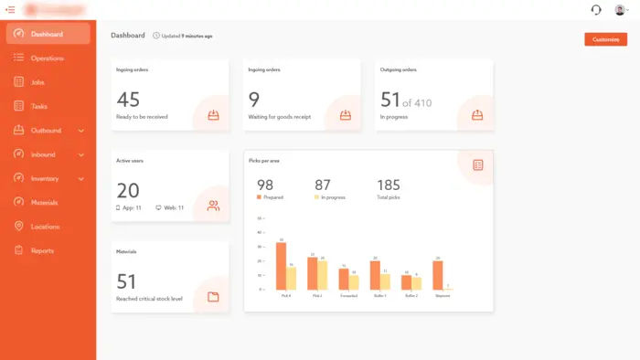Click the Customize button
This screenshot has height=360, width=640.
(605, 39)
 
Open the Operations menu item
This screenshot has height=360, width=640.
(47, 58)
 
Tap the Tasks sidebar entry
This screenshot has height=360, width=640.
(39, 106)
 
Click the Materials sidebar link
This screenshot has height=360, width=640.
(44, 203)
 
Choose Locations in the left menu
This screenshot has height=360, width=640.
(46, 227)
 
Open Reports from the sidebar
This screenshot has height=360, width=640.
(42, 250)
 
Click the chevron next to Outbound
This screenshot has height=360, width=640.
(81, 131)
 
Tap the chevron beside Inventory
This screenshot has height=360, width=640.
(81, 179)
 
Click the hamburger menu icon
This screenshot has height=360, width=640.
(10, 9)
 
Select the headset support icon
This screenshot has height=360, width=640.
(596, 10)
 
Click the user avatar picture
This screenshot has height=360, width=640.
(619, 10)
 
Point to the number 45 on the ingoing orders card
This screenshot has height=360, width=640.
(128, 100)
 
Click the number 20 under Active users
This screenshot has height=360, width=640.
(128, 190)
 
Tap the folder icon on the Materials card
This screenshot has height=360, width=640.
(213, 296)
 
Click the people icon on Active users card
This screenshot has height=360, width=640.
(213, 206)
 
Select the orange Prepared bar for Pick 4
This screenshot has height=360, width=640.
(281, 266)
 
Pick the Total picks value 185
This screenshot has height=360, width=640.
(389, 185)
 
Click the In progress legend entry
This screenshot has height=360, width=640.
(330, 197)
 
